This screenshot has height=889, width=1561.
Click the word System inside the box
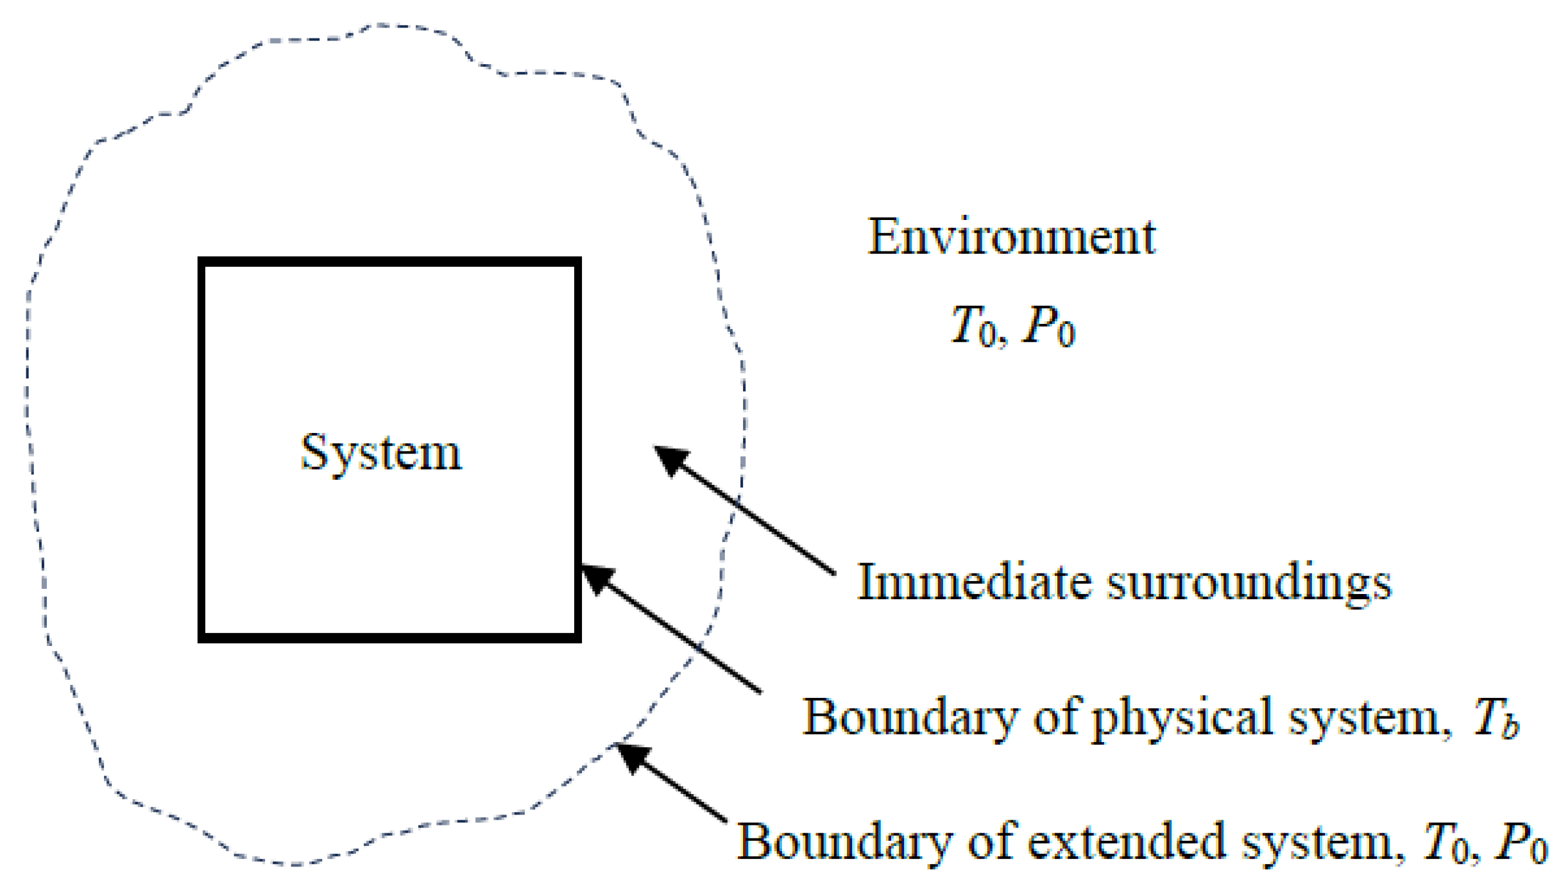(381, 453)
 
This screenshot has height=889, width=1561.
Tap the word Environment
(1011, 237)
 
